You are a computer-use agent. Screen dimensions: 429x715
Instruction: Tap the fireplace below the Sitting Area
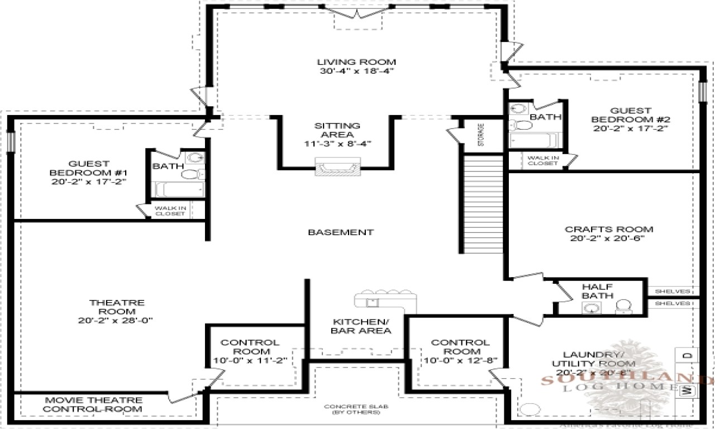pos(336,167)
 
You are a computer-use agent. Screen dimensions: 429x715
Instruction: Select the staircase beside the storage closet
pos(484,204)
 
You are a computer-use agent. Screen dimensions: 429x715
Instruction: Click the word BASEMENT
pos(341,232)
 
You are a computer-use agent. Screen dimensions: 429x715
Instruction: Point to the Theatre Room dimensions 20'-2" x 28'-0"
pos(116,320)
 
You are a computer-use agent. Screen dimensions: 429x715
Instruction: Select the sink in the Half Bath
pos(590,307)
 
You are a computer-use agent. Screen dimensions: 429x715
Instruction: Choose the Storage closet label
pos(480,135)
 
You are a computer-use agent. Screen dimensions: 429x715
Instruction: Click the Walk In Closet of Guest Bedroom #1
pos(170,211)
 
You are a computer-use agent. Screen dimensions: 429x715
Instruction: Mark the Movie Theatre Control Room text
pos(93,404)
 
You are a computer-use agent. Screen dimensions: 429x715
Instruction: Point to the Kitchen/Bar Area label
pos(361,326)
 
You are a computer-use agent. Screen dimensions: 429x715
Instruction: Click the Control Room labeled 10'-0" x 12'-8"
pos(460,351)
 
